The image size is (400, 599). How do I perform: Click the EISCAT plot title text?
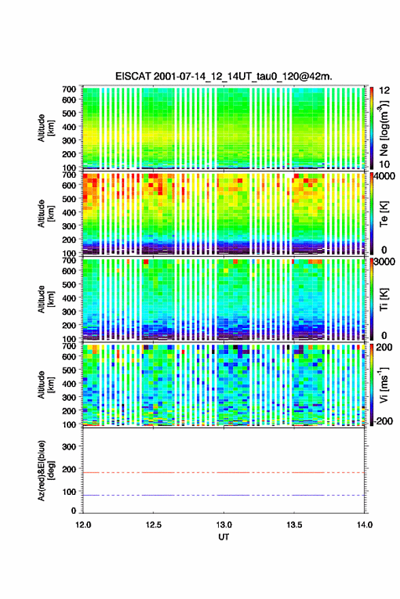click(224, 76)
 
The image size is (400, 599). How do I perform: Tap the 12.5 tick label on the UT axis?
click(153, 525)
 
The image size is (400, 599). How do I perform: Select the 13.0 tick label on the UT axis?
click(224, 525)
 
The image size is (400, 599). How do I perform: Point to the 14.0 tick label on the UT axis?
click(365, 525)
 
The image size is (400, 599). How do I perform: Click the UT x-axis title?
click(224, 537)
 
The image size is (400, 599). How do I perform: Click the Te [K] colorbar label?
click(384, 214)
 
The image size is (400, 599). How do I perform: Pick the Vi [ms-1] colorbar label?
click(384, 385)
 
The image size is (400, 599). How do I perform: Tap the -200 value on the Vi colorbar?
click(383, 421)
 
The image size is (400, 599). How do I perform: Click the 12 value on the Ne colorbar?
click(384, 91)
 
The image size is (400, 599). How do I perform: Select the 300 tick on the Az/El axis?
click(69, 447)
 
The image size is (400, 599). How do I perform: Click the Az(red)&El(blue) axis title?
click(46, 470)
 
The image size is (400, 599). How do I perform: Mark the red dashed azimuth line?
click(224, 472)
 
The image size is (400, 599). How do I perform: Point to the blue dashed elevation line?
click(224, 495)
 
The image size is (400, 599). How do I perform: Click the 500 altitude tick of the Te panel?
click(69, 199)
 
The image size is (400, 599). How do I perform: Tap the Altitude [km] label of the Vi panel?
click(46, 385)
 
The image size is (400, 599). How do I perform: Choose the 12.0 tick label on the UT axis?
click(83, 525)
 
